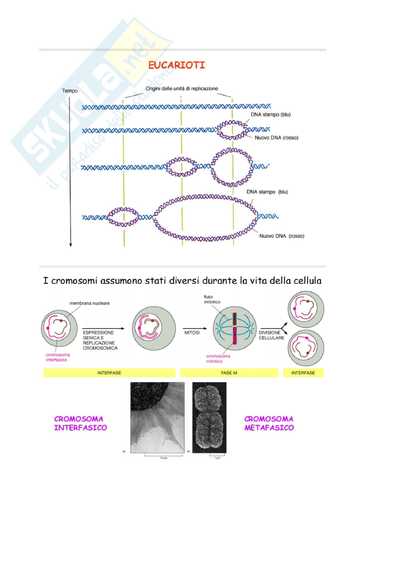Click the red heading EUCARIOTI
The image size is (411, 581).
coord(177,65)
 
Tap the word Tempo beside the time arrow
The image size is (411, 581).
coord(70,91)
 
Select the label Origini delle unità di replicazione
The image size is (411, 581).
coord(182,89)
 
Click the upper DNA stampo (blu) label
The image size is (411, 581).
coord(271,115)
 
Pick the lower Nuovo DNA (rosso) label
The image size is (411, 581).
coord(282,236)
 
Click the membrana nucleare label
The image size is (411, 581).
coord(90,303)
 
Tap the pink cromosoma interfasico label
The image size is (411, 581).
coord(58,357)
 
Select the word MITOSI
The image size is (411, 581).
coord(192,333)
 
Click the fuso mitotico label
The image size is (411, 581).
coord(212,299)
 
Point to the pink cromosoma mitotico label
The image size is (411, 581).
coord(218,359)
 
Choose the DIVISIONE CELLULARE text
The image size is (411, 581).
coord(272,335)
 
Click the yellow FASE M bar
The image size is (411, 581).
coord(229,373)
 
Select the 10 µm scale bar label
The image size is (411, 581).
coord(164,458)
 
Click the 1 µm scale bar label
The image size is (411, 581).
coord(217,458)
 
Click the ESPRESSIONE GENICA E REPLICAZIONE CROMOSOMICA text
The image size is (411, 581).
coord(100,340)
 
